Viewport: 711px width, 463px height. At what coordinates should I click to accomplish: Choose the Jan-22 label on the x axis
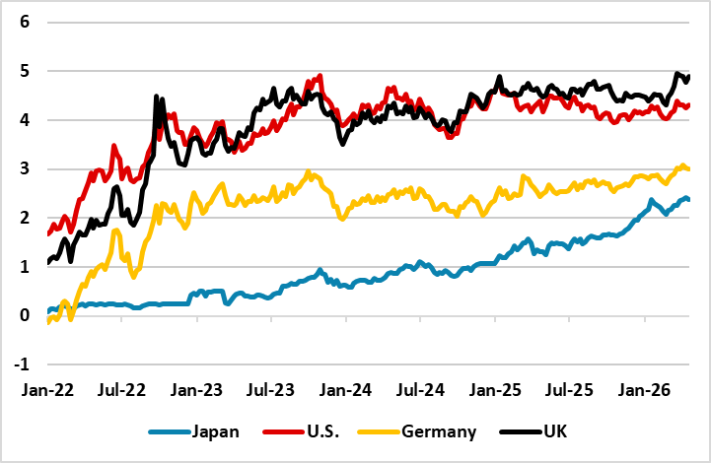point(45,389)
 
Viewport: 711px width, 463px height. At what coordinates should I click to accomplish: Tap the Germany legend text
point(441,431)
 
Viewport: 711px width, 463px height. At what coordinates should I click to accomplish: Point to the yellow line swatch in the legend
point(381,431)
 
